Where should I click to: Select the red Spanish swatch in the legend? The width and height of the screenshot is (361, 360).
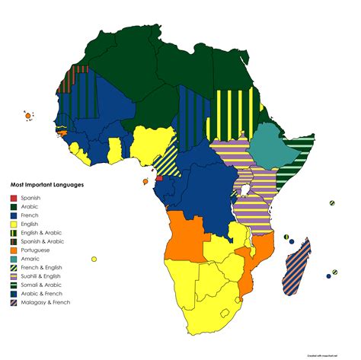pos(14,198)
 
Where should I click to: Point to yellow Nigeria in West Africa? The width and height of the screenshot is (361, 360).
pos(152,142)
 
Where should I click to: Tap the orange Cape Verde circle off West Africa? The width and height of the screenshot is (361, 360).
pos(28,116)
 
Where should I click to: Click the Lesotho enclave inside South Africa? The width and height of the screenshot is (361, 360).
pos(225,312)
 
